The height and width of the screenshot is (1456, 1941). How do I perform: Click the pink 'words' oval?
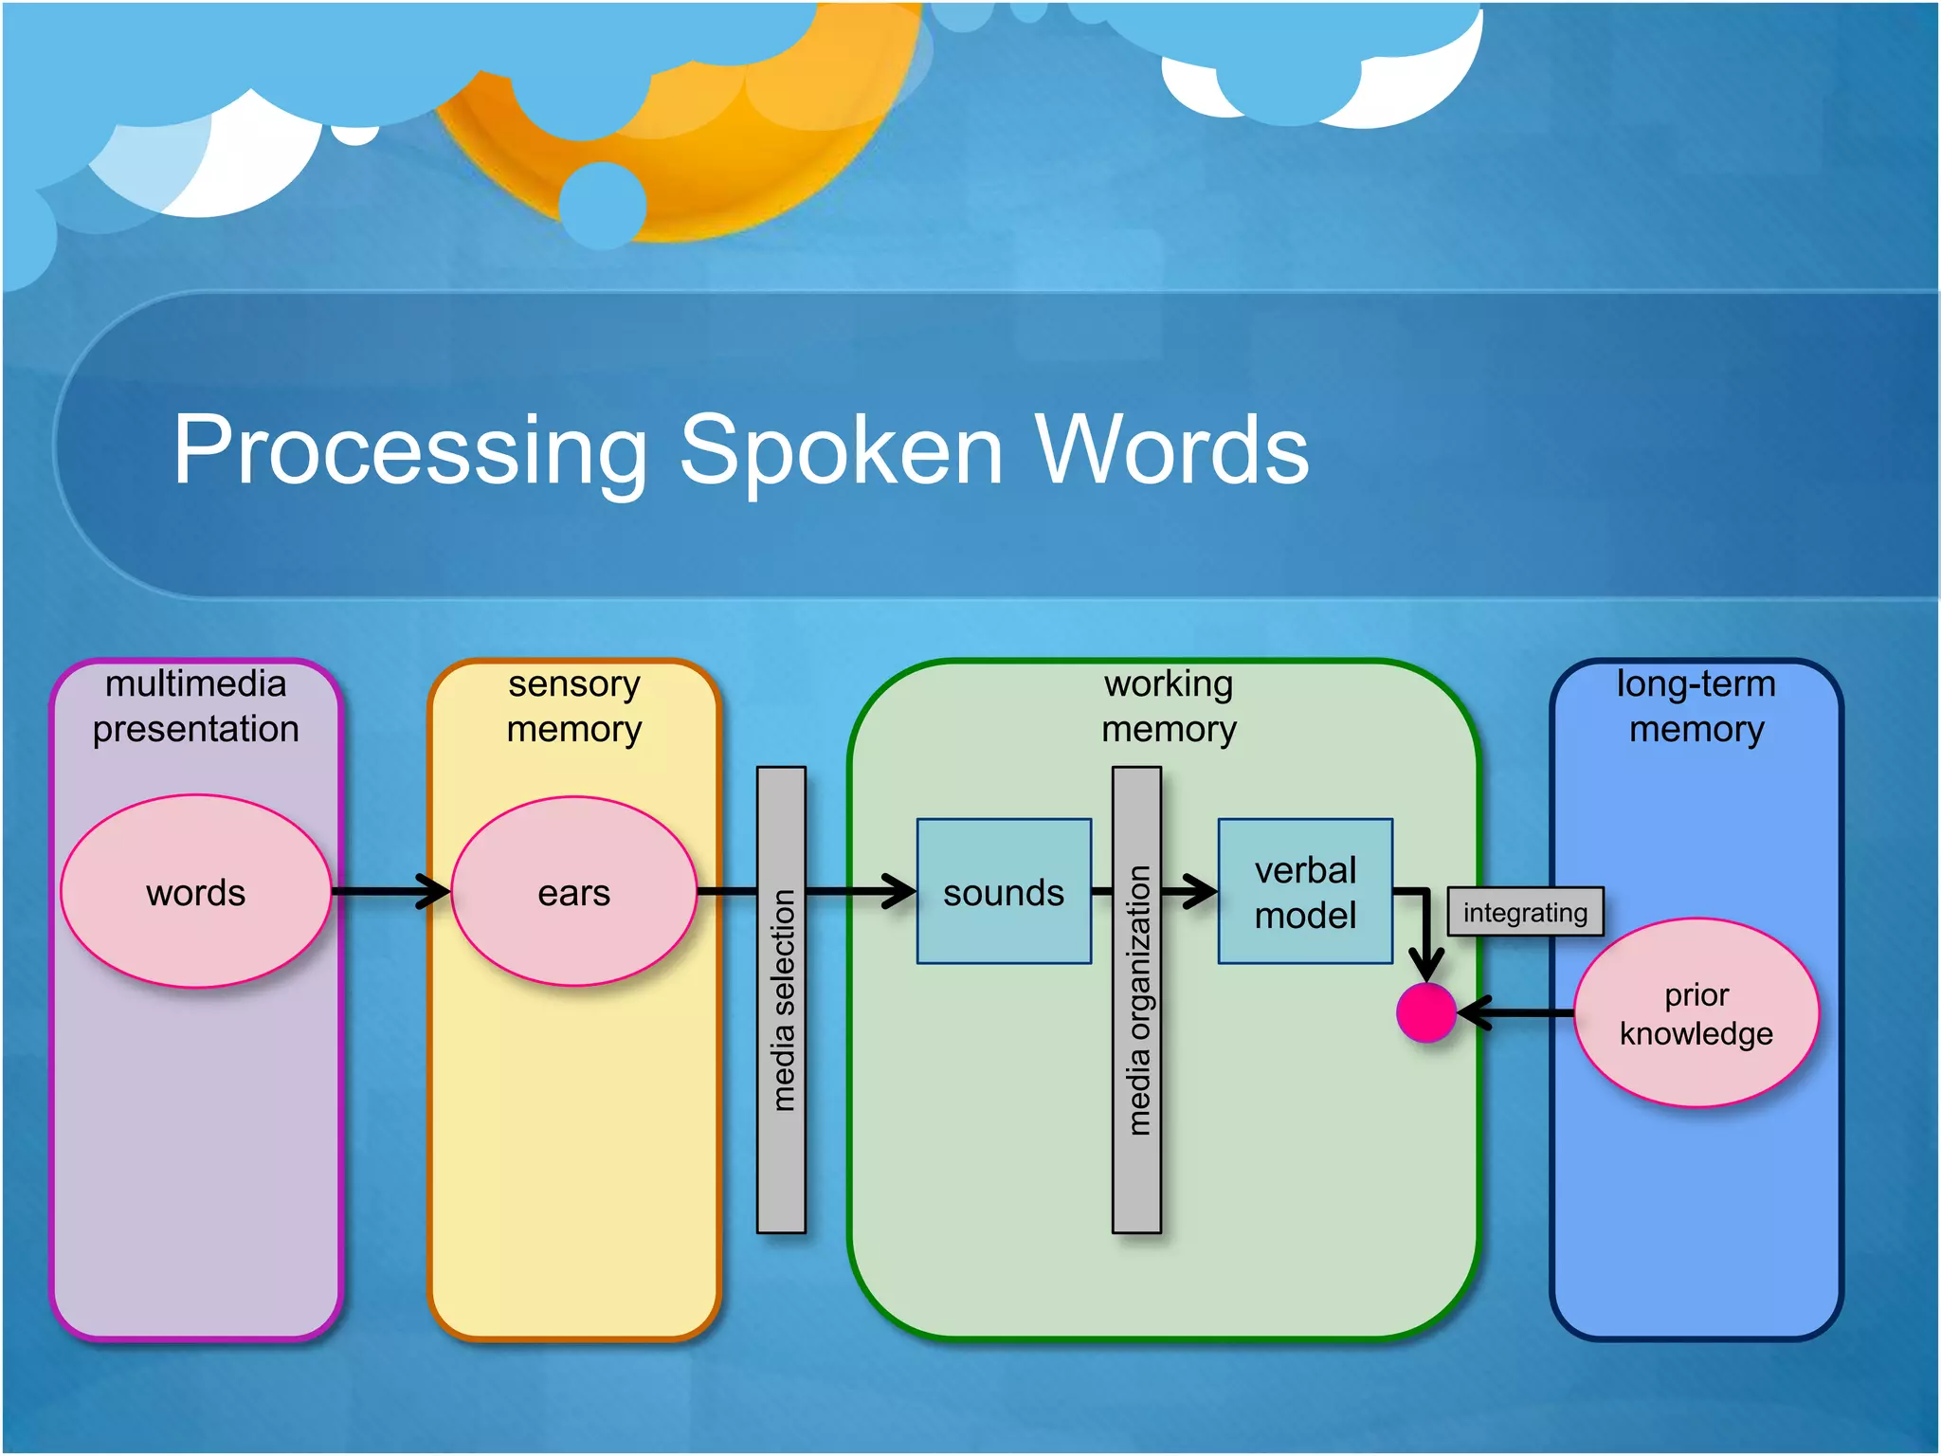(x=195, y=892)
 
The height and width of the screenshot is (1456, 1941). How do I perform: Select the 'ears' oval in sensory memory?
(x=573, y=892)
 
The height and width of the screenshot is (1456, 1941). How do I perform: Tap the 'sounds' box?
(x=1004, y=892)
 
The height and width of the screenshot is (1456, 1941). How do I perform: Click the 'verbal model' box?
(x=1305, y=892)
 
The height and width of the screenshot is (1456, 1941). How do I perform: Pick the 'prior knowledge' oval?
(x=1696, y=1012)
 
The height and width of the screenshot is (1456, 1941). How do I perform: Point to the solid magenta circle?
(x=1425, y=1012)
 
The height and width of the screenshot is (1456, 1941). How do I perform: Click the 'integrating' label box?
(x=1525, y=912)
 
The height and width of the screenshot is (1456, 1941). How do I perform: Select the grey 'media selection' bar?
(x=781, y=999)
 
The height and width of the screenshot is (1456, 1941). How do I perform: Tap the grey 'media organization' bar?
(x=1136, y=999)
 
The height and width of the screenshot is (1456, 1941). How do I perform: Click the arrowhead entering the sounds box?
(x=900, y=891)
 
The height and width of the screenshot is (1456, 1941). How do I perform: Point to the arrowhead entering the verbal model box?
(x=1202, y=891)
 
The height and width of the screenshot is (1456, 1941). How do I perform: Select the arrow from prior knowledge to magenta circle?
(x=1516, y=1012)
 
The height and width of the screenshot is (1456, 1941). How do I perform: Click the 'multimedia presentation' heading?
(x=195, y=706)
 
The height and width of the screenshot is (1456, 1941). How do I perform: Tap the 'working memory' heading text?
(x=1169, y=706)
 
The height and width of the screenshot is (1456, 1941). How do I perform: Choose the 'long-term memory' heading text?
(x=1696, y=706)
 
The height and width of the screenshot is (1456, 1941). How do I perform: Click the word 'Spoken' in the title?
(x=842, y=451)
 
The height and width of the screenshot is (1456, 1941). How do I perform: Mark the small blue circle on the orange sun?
(x=603, y=205)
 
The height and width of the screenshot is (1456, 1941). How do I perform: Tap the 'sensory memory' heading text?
(x=573, y=706)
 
